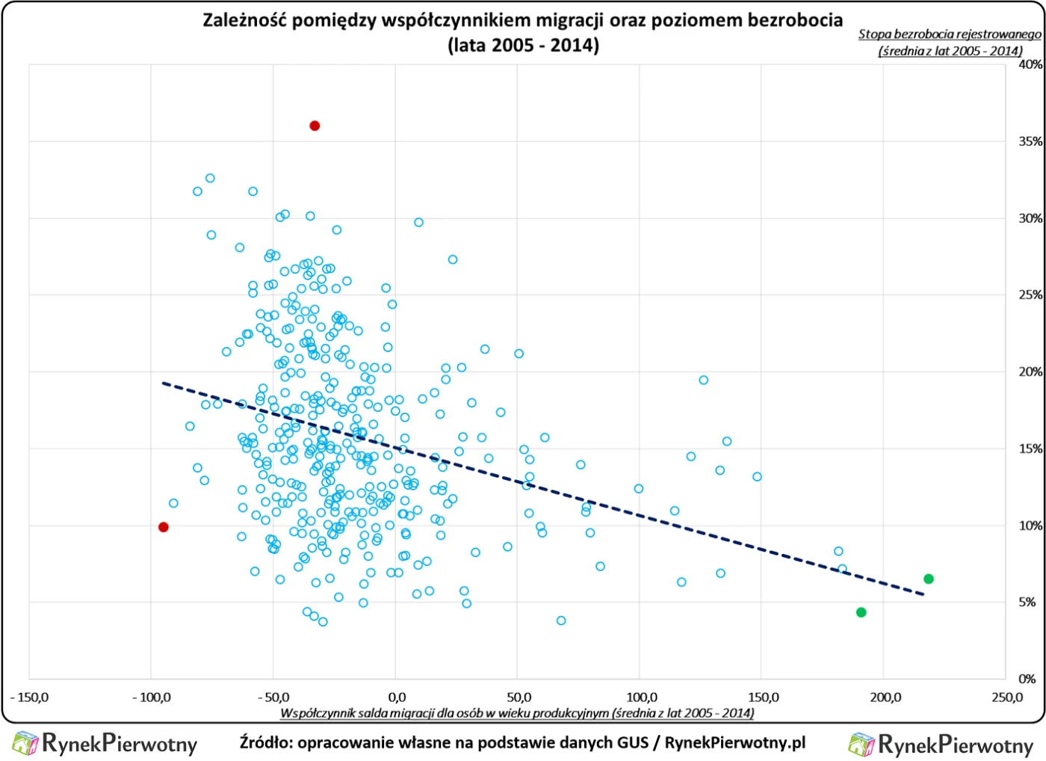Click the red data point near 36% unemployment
click(315, 126)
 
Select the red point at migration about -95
click(164, 527)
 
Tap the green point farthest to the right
click(929, 579)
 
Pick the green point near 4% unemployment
click(861, 612)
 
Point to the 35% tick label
click(1030, 141)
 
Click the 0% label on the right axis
click(1027, 679)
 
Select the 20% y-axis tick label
click(1030, 372)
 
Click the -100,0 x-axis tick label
click(151, 697)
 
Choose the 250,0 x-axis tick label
click(1006, 697)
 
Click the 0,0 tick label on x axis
click(396, 697)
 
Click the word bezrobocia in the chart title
click(794, 20)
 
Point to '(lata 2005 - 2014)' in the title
click(523, 45)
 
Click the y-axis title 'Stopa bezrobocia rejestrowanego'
click(949, 34)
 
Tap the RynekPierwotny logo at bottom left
click(105, 743)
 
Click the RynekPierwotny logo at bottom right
click(941, 745)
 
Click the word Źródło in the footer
click(265, 742)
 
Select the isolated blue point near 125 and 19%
click(703, 380)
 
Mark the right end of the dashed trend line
click(923, 594)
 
